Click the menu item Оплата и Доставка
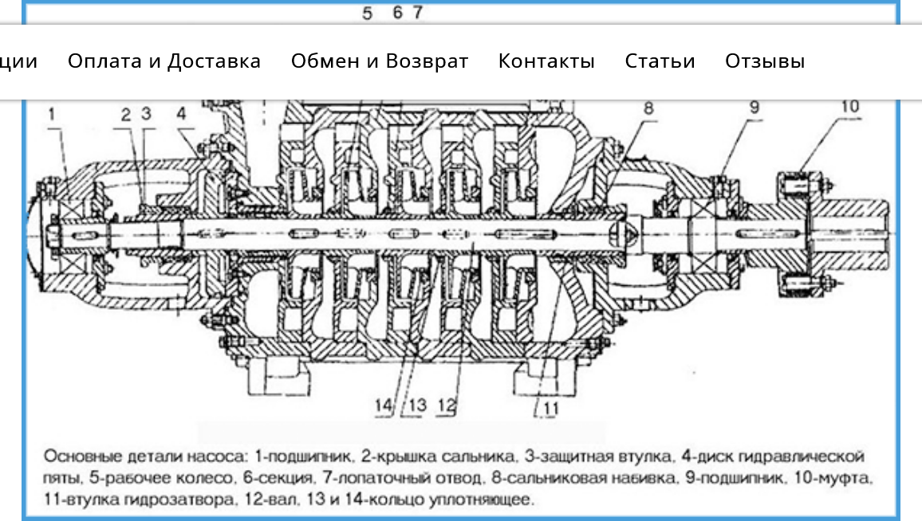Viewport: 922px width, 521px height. pyautogui.click(x=164, y=61)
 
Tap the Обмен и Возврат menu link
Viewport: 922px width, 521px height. pyautogui.click(x=380, y=61)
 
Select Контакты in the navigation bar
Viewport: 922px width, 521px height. pyautogui.click(x=546, y=61)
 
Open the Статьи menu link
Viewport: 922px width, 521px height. pyautogui.click(x=660, y=61)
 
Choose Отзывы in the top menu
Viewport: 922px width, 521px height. pyautogui.click(x=764, y=61)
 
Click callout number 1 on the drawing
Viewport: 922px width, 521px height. pyautogui.click(x=52, y=113)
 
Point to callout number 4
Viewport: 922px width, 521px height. pyautogui.click(x=182, y=113)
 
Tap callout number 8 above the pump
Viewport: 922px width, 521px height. pyautogui.click(x=648, y=108)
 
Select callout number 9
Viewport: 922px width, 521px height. pyautogui.click(x=755, y=108)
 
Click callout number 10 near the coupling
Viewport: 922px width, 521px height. pyautogui.click(x=850, y=106)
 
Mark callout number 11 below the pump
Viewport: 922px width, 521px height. pyautogui.click(x=550, y=408)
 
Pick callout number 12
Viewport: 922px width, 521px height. pyautogui.click(x=447, y=405)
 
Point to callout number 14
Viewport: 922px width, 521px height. pyautogui.click(x=384, y=405)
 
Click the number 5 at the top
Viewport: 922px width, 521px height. pyautogui.click(x=368, y=13)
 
